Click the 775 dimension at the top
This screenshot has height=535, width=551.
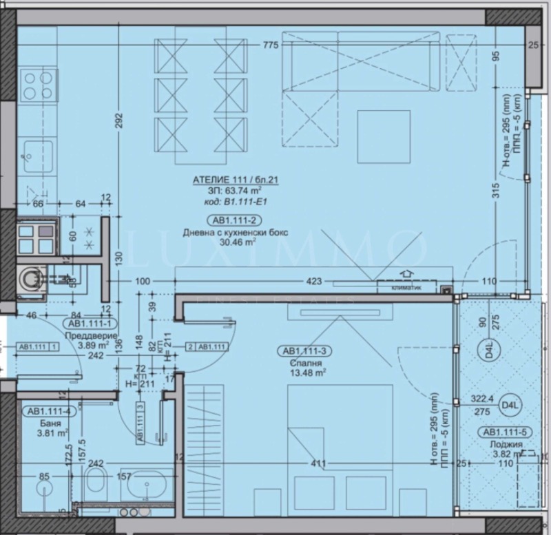[270, 46]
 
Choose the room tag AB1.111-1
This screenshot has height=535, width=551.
[90, 323]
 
